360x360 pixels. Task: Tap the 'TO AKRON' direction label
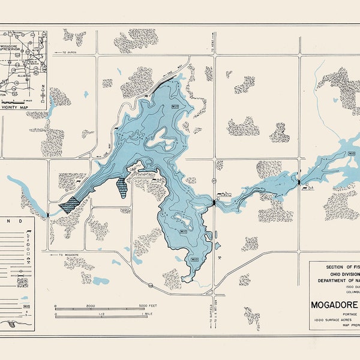tap(69, 53)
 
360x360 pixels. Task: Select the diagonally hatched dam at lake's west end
tap(70, 205)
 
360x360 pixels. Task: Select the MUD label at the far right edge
tap(352, 154)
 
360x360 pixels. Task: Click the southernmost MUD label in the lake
tap(194, 259)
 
